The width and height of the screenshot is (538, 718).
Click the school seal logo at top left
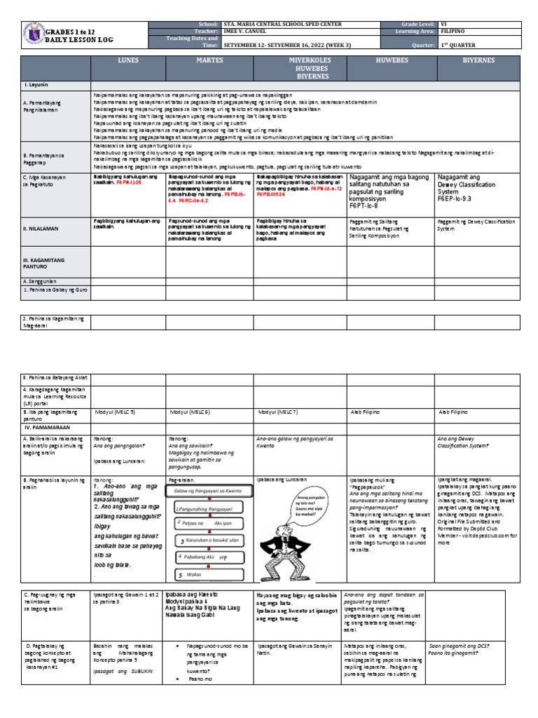click(32, 35)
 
